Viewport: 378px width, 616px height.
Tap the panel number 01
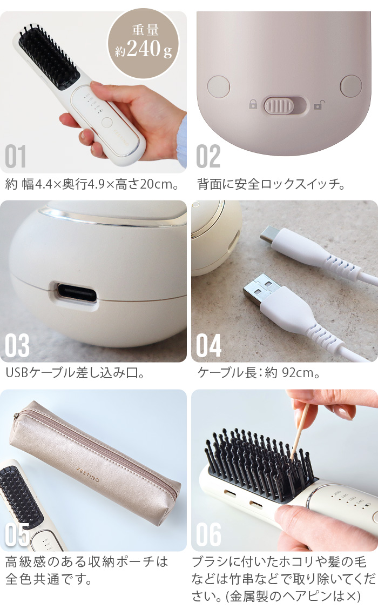[16, 156]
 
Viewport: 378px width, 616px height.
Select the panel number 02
[208, 156]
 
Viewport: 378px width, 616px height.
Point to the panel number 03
[17, 345]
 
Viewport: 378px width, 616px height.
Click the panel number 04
[208, 345]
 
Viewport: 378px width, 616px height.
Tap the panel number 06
[208, 534]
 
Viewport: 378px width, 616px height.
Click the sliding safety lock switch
[284, 106]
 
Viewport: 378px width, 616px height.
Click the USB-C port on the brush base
[77, 292]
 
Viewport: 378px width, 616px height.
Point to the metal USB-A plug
[261, 288]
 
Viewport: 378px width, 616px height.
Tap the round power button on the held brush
[107, 122]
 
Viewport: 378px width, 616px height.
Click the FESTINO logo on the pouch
[89, 474]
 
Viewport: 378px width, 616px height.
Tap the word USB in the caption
[17, 372]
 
